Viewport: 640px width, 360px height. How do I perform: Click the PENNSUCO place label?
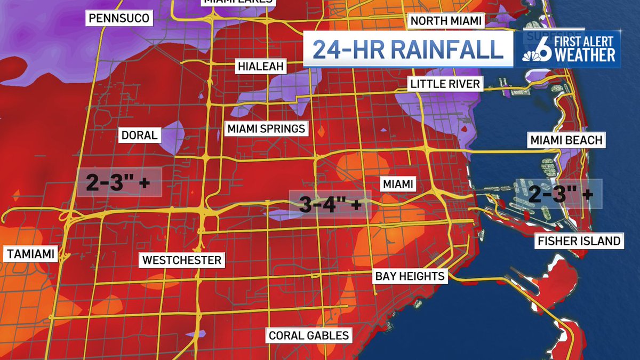coord(119,18)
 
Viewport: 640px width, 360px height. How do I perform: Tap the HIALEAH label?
coord(261,67)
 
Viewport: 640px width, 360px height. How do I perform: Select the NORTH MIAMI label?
coord(445,21)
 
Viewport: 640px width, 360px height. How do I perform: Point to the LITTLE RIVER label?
coord(445,84)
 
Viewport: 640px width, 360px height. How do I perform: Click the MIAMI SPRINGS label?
coord(266,129)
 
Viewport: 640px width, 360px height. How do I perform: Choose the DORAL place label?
coord(139,135)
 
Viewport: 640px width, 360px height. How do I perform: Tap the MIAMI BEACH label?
coord(566,140)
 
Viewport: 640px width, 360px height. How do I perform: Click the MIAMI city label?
coord(397,184)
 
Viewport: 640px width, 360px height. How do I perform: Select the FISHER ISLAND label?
coord(579,241)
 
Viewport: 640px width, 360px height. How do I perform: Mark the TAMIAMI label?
coord(31,254)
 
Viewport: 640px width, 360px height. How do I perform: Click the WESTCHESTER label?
coord(181,260)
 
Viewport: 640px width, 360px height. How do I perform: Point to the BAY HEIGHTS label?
coord(409,276)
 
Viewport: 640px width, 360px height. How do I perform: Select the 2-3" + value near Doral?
coord(118,183)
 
